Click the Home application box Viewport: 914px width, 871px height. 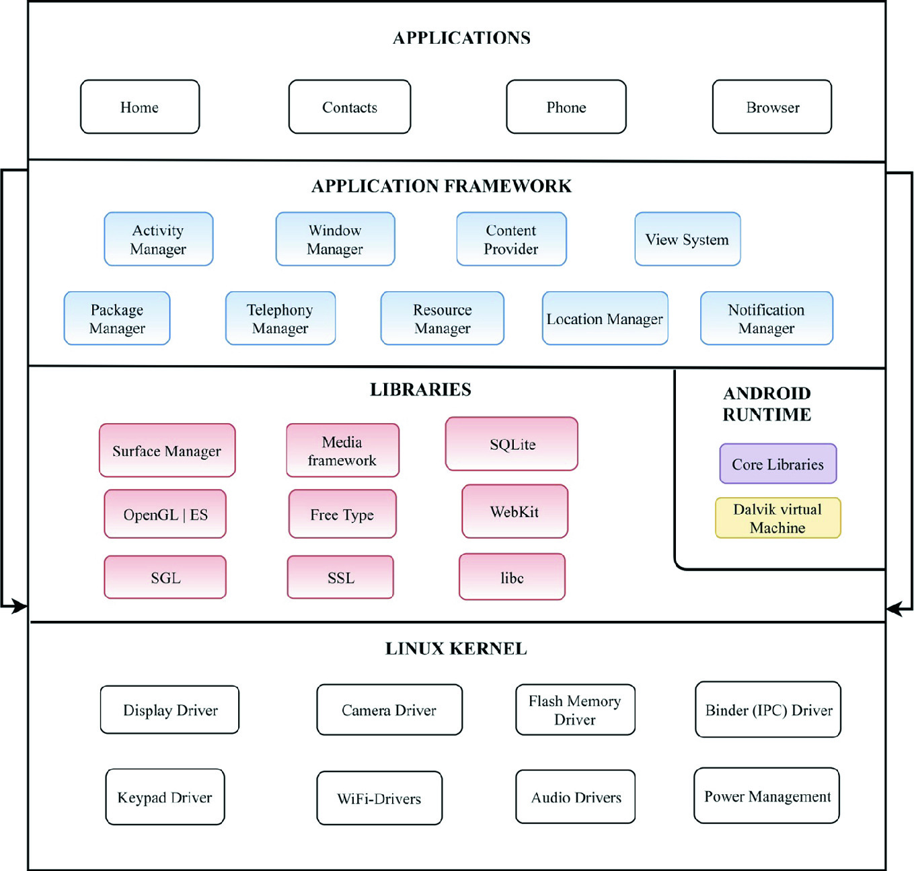(140, 107)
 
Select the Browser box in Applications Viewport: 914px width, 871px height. (772, 107)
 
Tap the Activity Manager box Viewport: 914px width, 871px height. (159, 239)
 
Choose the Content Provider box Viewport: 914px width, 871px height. (511, 239)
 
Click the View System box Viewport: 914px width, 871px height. (687, 239)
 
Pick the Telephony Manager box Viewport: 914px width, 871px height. (280, 319)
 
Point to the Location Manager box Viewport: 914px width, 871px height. (605, 319)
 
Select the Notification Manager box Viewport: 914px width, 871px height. (767, 319)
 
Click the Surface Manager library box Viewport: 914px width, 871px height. (167, 451)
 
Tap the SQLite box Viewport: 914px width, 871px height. (512, 444)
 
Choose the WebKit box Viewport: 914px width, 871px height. (515, 512)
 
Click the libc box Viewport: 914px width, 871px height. (512, 577)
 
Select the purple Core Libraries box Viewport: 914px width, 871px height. (778, 464)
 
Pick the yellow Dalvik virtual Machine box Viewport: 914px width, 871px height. (778, 519)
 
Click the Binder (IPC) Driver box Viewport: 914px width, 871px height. (768, 710)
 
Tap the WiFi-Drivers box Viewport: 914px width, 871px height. (379, 798)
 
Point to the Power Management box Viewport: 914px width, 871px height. (767, 796)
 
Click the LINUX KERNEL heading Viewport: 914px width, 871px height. (456, 648)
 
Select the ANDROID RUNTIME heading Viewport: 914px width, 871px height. (767, 404)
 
